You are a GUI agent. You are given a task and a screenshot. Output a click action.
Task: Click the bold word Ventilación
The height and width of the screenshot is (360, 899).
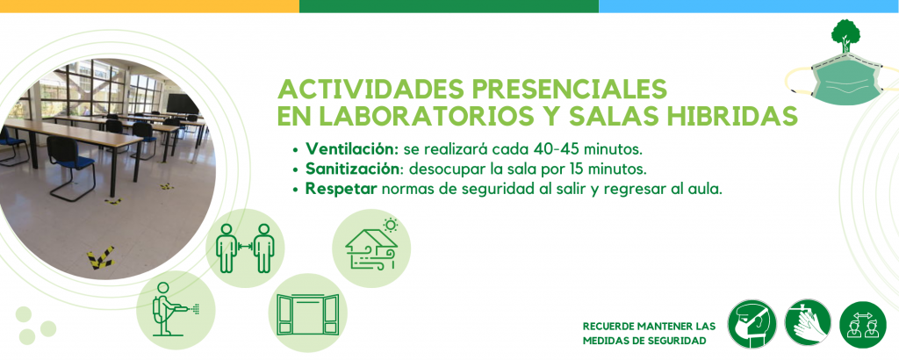point(352,149)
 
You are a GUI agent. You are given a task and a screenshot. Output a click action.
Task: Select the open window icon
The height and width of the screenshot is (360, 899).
point(308,314)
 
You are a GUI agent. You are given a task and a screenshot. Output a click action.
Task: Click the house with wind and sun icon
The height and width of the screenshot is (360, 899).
point(371,243)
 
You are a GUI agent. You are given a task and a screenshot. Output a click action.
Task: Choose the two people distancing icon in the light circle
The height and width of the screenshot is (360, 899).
point(246,248)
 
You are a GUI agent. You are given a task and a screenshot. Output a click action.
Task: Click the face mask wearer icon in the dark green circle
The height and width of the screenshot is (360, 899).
point(752,324)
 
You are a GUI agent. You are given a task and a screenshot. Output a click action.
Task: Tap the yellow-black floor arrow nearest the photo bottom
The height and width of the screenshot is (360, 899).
point(100,258)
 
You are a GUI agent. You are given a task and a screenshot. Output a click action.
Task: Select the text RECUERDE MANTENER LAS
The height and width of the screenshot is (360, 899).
point(649,326)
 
